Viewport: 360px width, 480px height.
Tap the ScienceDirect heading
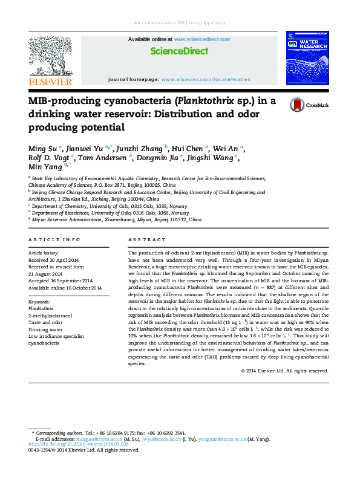click(x=179, y=51)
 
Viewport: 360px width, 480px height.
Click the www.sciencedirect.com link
click(x=202, y=39)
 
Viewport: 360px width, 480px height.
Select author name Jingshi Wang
click(x=214, y=158)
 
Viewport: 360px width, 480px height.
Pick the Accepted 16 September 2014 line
click(x=61, y=281)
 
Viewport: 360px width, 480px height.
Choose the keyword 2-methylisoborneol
click(x=50, y=316)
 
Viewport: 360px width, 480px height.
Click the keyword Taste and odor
click(x=45, y=323)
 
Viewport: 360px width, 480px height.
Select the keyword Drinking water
click(x=46, y=330)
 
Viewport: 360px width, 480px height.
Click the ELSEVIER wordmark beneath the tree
click(x=50, y=82)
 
